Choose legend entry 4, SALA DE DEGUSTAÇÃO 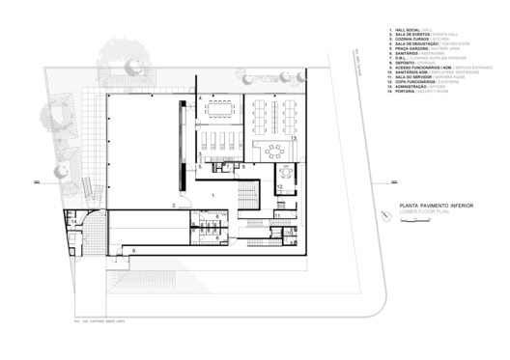click(x=417, y=45)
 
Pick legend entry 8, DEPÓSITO click(x=411, y=66)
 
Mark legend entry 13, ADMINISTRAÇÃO click(x=415, y=90)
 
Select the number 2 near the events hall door click(x=174, y=205)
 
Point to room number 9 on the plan click(x=134, y=250)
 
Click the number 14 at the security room click(x=74, y=222)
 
